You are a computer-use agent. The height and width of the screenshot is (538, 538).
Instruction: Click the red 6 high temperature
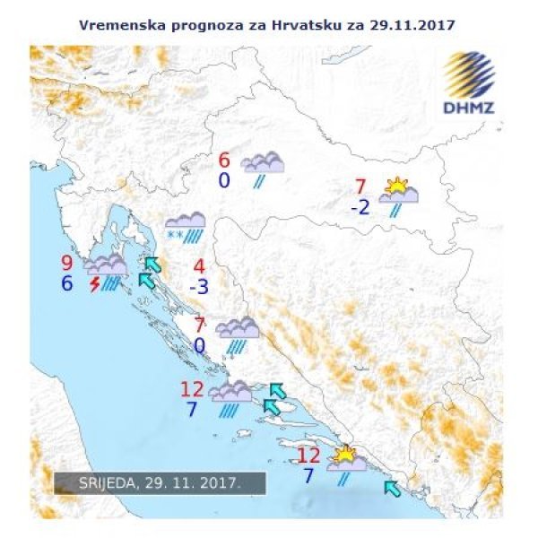coord(224,161)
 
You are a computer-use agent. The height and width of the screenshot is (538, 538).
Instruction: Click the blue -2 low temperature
coord(360,208)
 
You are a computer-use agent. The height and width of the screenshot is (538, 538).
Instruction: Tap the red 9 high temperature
coord(66,264)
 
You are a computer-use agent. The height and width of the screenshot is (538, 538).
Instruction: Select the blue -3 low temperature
coord(199,287)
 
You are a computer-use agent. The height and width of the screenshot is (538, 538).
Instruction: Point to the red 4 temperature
coord(199,266)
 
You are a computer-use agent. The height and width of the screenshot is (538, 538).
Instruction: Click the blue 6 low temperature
coord(66,283)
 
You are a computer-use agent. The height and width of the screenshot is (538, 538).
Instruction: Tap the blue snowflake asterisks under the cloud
coord(175,236)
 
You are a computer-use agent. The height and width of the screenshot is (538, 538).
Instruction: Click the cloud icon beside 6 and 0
coord(263,163)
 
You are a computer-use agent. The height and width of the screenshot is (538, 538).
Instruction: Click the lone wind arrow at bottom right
coord(392,488)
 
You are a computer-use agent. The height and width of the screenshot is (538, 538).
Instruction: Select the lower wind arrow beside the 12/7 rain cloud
coord(273,407)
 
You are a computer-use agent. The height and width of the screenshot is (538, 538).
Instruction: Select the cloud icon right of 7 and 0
coord(238,328)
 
